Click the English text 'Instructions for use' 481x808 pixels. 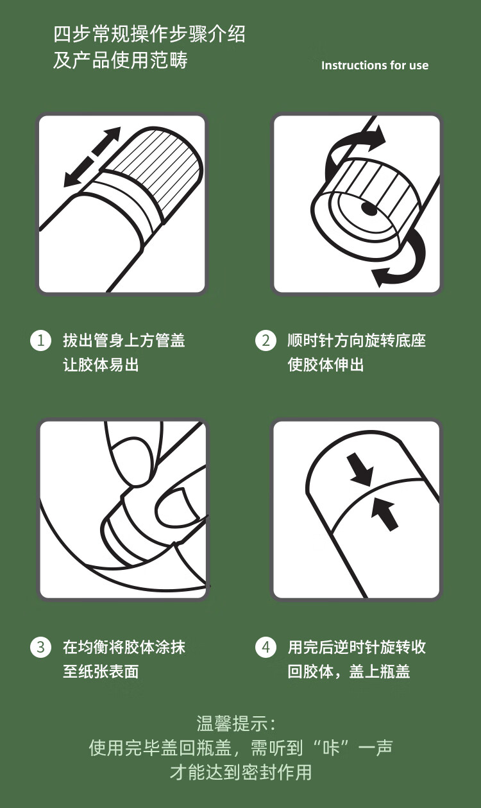(x=375, y=65)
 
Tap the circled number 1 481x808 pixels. (x=41, y=341)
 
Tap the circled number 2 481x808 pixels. (x=266, y=341)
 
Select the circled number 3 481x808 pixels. (x=41, y=647)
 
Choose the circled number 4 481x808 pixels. (x=266, y=647)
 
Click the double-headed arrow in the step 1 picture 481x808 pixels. (x=92, y=157)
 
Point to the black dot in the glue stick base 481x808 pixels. (x=369, y=209)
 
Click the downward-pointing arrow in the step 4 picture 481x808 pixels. (x=360, y=469)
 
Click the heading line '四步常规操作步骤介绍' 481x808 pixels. (x=149, y=34)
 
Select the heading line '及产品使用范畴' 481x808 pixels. (x=121, y=60)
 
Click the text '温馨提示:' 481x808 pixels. (x=236, y=724)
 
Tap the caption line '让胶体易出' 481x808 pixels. (x=101, y=365)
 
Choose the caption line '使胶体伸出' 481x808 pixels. (x=326, y=365)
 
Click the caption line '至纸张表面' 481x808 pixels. (x=101, y=671)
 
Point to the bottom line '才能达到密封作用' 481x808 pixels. (x=241, y=772)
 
